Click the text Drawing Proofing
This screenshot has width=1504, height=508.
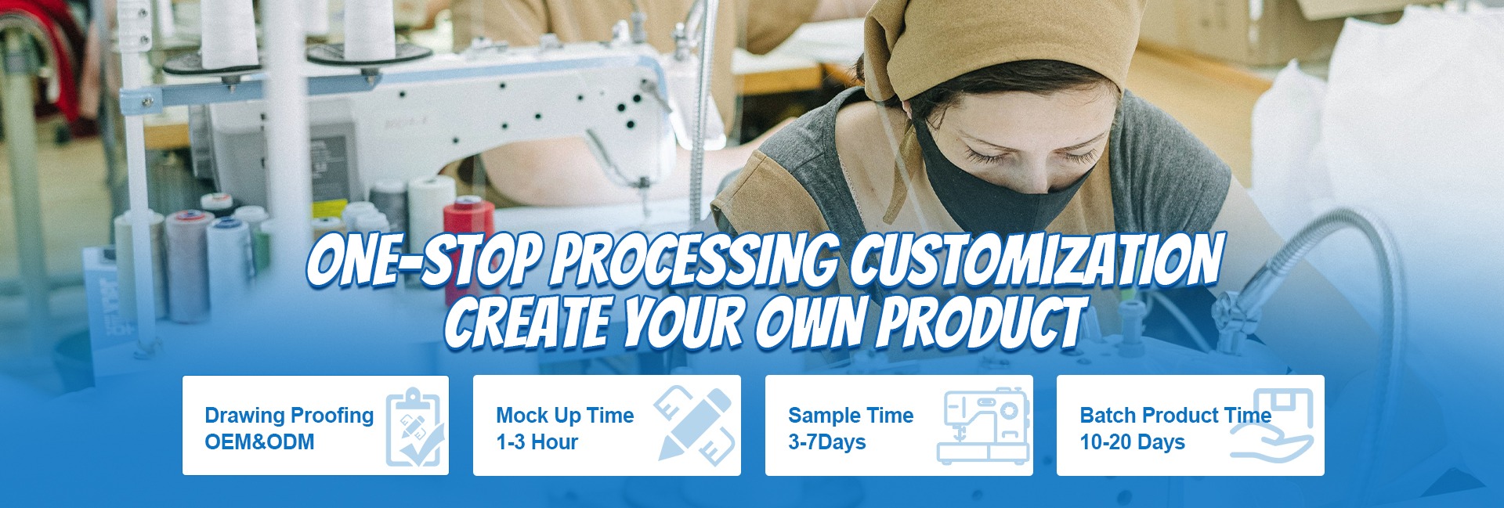click(x=289, y=416)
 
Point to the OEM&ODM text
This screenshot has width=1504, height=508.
click(x=259, y=442)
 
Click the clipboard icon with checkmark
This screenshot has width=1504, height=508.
click(x=414, y=426)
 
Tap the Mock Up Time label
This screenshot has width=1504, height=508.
click(x=565, y=416)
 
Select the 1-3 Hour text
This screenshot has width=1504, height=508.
click(x=537, y=442)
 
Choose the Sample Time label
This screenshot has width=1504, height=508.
click(x=851, y=416)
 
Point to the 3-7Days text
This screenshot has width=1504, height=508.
click(x=826, y=442)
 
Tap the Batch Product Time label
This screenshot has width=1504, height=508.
click(x=1176, y=416)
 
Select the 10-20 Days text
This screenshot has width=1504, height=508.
click(x=1132, y=442)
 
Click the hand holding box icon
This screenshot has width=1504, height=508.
click(x=1271, y=424)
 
